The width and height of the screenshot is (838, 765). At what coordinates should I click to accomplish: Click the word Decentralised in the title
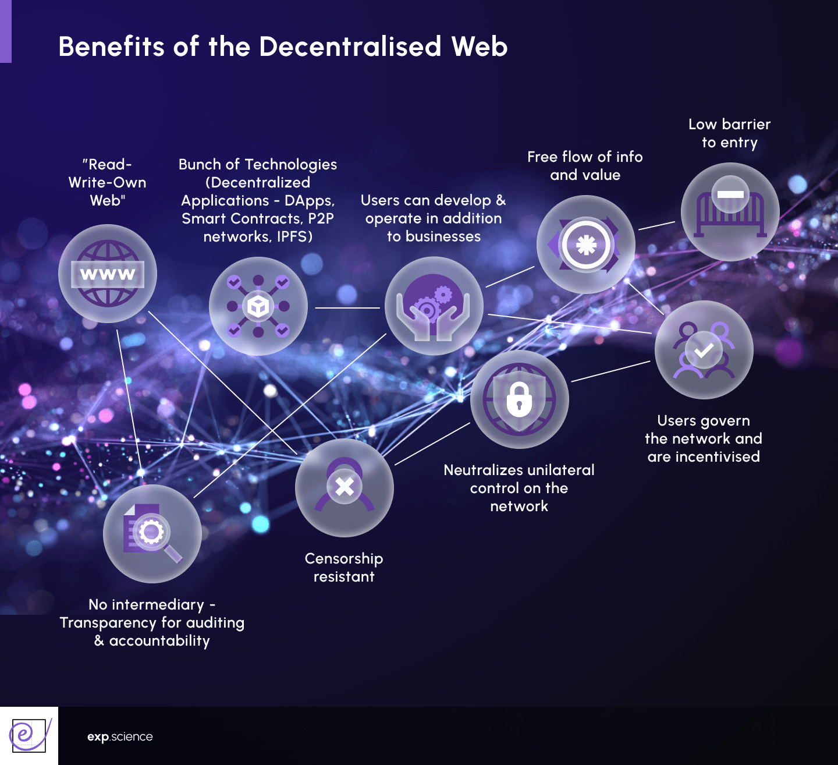(x=350, y=47)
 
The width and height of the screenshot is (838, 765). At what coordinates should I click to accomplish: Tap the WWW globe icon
(x=108, y=274)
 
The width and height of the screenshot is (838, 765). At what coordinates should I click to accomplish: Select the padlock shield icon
(x=519, y=399)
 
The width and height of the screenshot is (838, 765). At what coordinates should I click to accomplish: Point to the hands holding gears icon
(x=434, y=306)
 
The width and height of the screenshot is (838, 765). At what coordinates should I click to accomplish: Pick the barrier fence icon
(x=730, y=212)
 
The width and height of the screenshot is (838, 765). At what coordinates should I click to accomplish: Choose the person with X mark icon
(x=345, y=488)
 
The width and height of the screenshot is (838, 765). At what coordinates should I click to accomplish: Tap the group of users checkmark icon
(x=704, y=350)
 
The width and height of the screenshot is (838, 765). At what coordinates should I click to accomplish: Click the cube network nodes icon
(x=258, y=306)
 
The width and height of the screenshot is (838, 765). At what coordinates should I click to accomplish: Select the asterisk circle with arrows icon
(x=585, y=245)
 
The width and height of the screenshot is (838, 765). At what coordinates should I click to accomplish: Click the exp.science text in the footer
(x=120, y=736)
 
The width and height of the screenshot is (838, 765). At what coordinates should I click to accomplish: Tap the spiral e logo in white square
(x=29, y=735)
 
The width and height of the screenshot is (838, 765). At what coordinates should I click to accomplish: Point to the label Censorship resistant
(x=344, y=567)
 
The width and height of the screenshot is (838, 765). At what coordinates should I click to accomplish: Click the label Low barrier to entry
(x=729, y=133)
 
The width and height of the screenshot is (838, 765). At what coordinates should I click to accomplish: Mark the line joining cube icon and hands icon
(x=347, y=307)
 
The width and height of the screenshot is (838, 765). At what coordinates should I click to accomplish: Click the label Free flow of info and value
(x=585, y=165)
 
